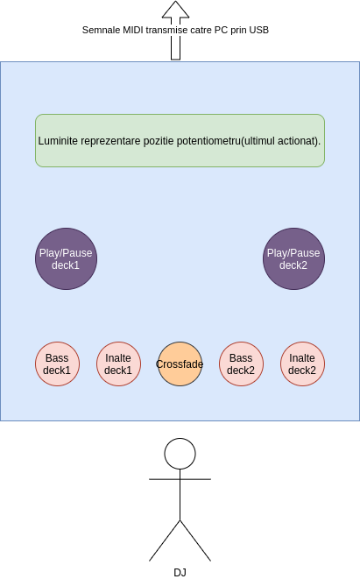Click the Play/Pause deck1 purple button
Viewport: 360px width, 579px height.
coord(66,259)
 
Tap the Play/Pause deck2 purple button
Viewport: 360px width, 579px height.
coord(294,259)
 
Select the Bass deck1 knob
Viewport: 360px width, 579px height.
coord(57,364)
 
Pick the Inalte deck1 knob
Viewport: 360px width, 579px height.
coord(118,364)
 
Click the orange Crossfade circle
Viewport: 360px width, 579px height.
coord(180,364)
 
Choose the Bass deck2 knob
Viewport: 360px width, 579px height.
coord(242,364)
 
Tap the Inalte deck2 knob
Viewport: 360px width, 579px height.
coord(303,364)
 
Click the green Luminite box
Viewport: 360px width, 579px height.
coord(180,141)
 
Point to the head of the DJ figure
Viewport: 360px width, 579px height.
coord(180,454)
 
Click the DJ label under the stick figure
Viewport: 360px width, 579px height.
coord(180,572)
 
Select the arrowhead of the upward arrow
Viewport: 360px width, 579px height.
coord(176,10)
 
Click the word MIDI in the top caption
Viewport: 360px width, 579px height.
coord(133,30)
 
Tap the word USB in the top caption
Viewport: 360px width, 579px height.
coord(258,30)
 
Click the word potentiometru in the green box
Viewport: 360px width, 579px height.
coord(208,141)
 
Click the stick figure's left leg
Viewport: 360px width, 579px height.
coord(165,540)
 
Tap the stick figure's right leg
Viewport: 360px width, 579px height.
coord(195,540)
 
